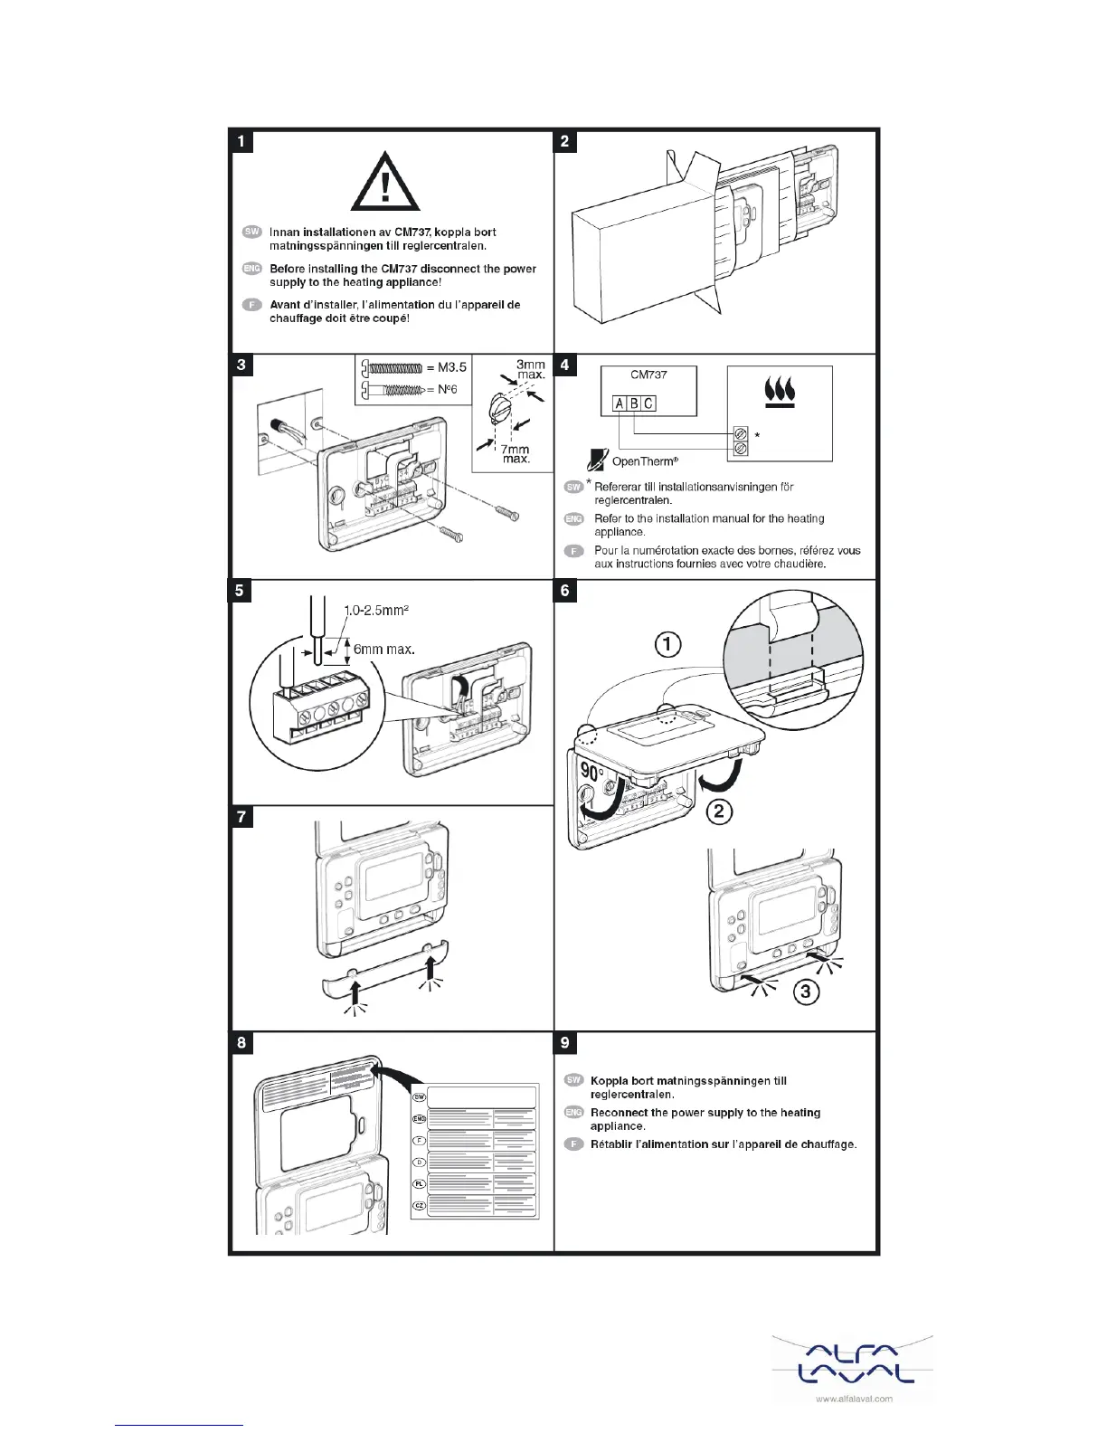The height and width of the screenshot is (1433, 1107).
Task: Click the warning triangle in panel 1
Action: point(385,187)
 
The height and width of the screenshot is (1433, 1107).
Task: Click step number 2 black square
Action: point(565,141)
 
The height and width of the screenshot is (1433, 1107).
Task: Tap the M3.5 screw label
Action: point(447,367)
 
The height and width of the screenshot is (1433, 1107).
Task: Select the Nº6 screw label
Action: point(441,389)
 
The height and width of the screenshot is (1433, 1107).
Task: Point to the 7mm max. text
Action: point(516,454)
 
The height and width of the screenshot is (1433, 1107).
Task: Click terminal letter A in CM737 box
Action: point(620,403)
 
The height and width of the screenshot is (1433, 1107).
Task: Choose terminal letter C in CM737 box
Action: point(648,403)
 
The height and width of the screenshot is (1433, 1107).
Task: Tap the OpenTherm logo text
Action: point(645,461)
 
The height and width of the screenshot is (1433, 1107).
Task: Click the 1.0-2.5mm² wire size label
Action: point(377,611)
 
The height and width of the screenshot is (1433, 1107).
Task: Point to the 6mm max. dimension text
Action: point(383,649)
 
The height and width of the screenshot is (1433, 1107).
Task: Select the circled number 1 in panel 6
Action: point(667,645)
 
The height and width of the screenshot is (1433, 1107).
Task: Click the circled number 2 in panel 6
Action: point(719,811)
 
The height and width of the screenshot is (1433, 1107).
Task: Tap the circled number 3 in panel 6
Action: point(806,992)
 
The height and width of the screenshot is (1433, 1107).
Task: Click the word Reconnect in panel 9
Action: point(620,1113)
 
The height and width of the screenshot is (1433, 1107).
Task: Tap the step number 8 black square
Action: point(241,1043)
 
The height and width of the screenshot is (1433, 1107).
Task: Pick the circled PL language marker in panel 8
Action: point(420,1183)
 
